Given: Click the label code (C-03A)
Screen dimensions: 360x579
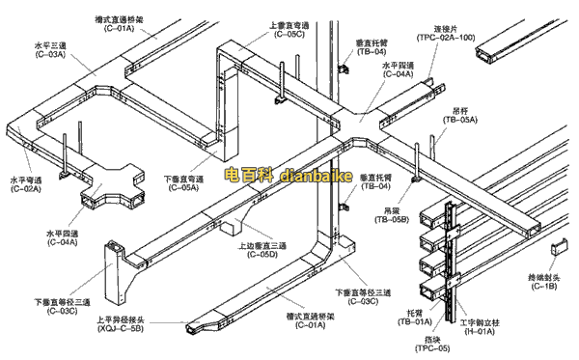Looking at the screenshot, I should point(49,55).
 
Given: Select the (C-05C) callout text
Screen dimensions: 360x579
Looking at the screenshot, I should point(288,34).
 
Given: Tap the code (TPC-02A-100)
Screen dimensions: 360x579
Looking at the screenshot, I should point(447,37).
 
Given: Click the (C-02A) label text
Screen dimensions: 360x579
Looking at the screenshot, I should point(27,189).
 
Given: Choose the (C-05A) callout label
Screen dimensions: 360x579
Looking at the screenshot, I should point(181,189).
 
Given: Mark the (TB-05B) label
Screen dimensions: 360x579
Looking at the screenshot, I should point(393,220).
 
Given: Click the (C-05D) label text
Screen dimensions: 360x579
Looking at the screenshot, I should point(262,255).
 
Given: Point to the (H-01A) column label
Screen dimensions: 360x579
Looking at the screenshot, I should point(479,331).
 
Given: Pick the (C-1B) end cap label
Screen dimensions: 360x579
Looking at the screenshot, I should point(543,287).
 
